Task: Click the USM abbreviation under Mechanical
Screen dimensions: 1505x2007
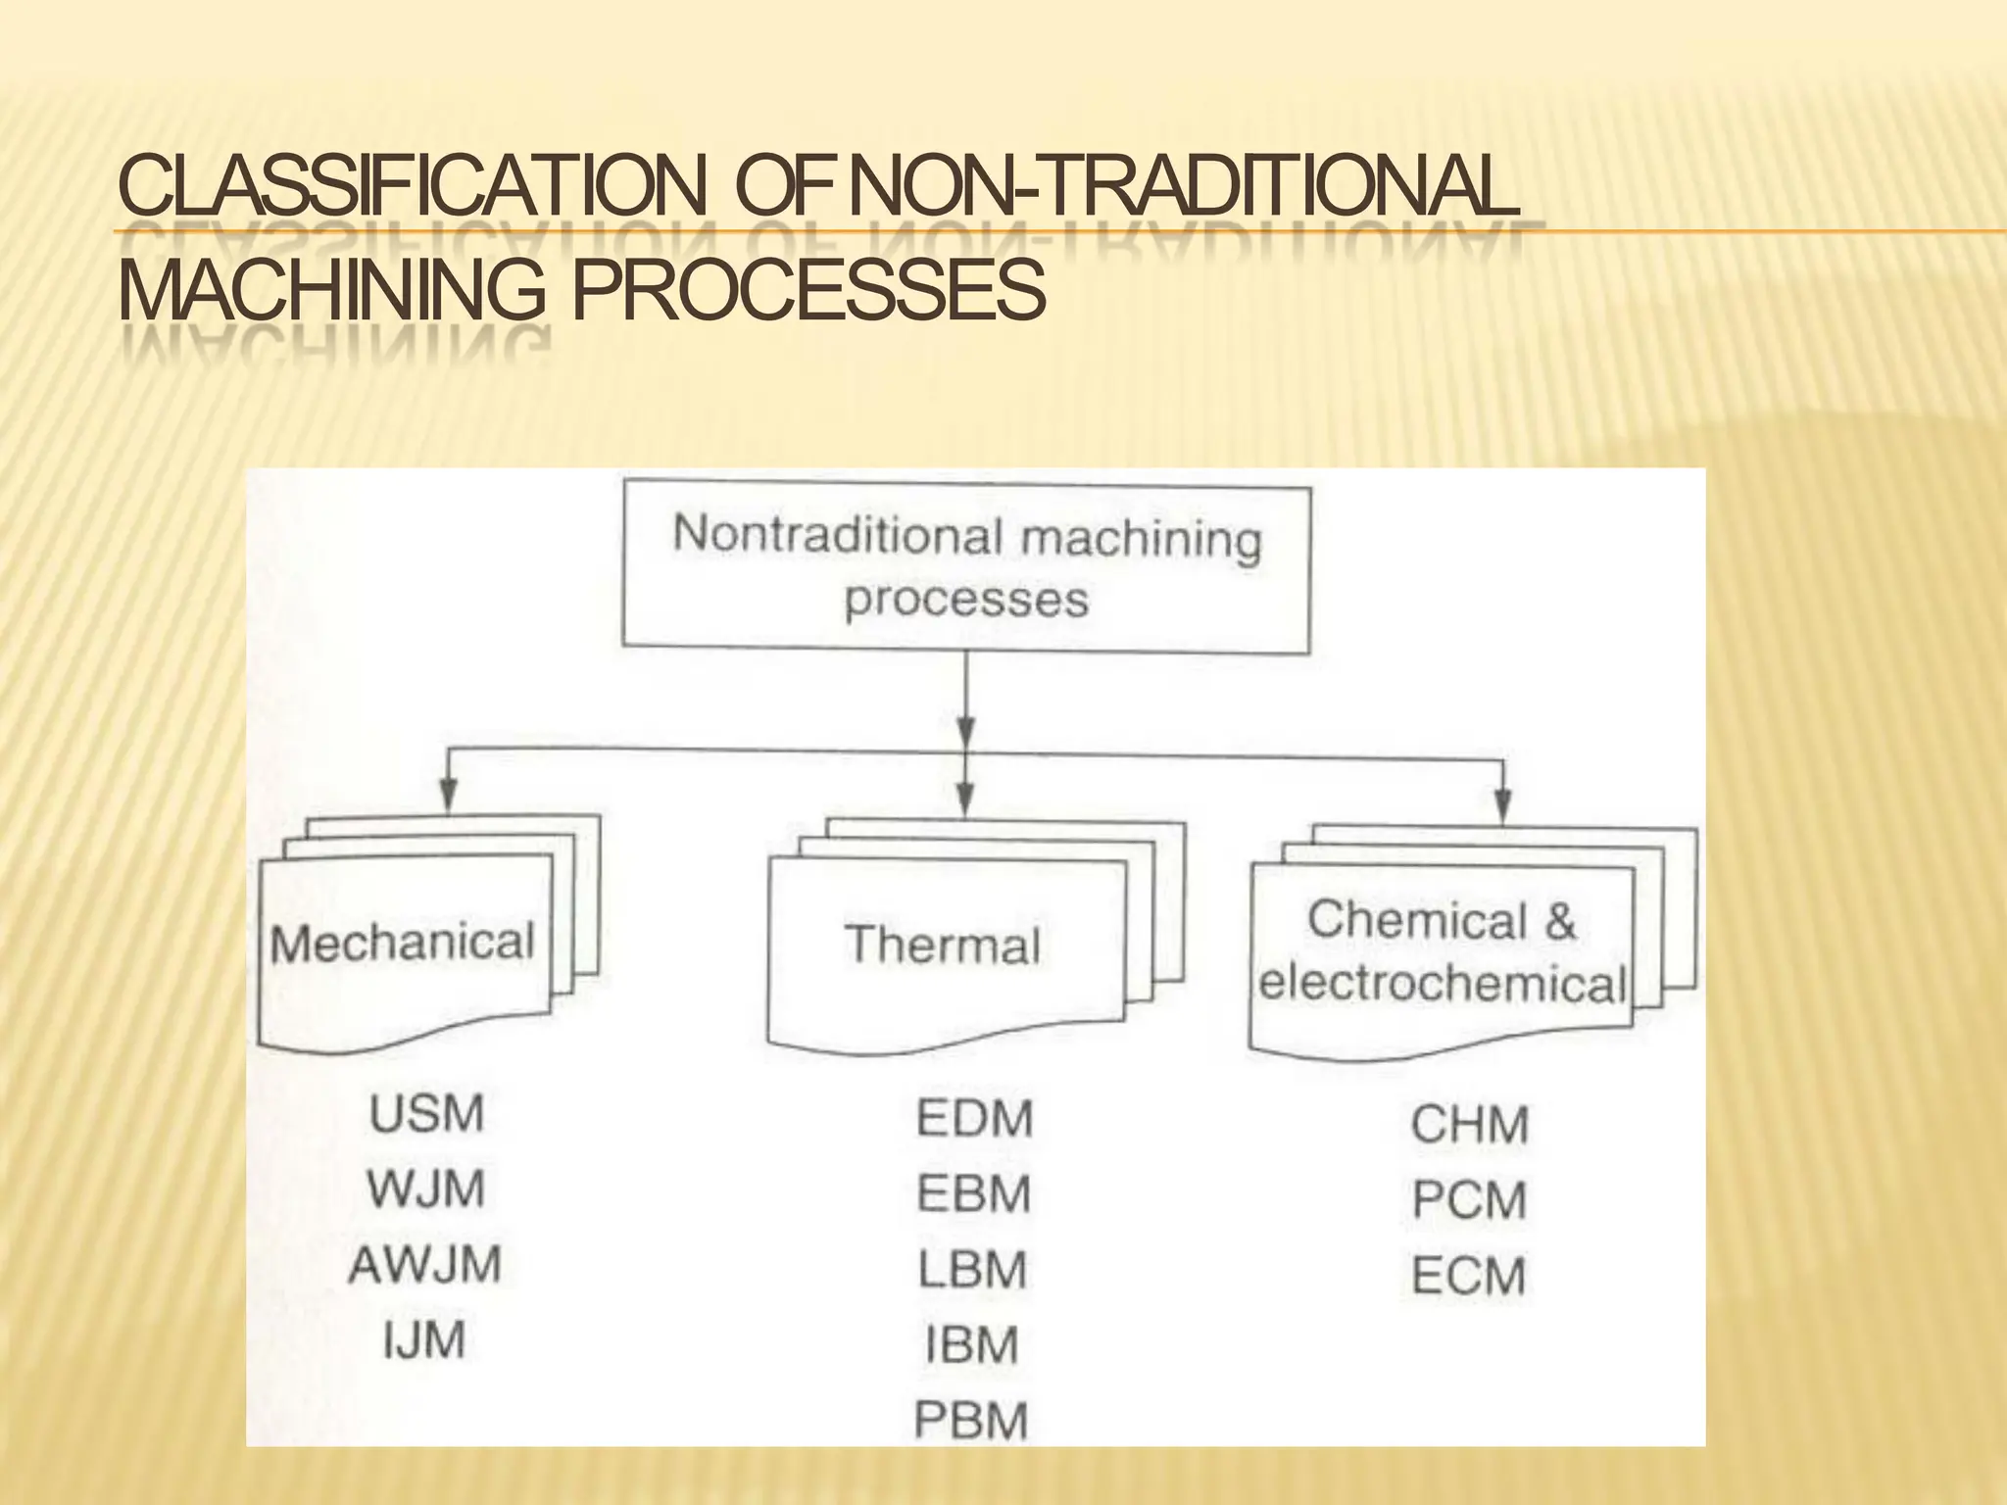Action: (x=426, y=1114)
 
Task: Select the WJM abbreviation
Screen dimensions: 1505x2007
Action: (x=425, y=1189)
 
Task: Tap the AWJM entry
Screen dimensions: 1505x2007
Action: (x=424, y=1264)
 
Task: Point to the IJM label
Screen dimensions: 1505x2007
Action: (x=423, y=1339)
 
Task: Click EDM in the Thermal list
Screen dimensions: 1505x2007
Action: (x=974, y=1119)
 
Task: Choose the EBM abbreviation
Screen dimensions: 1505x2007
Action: (x=973, y=1194)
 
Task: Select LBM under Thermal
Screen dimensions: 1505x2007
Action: (x=972, y=1270)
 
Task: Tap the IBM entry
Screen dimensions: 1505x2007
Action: (x=971, y=1344)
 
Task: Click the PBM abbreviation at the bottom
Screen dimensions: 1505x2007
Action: (x=971, y=1420)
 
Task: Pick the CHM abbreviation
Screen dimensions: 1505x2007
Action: (x=1469, y=1125)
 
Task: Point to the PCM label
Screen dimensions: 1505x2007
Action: (x=1469, y=1200)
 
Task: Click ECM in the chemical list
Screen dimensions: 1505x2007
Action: (x=1468, y=1276)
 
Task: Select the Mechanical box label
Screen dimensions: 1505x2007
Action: (x=403, y=943)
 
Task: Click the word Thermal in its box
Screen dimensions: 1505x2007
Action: (x=943, y=946)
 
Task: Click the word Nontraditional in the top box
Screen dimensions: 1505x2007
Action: (x=838, y=535)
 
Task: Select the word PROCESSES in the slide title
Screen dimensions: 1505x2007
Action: (x=808, y=291)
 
